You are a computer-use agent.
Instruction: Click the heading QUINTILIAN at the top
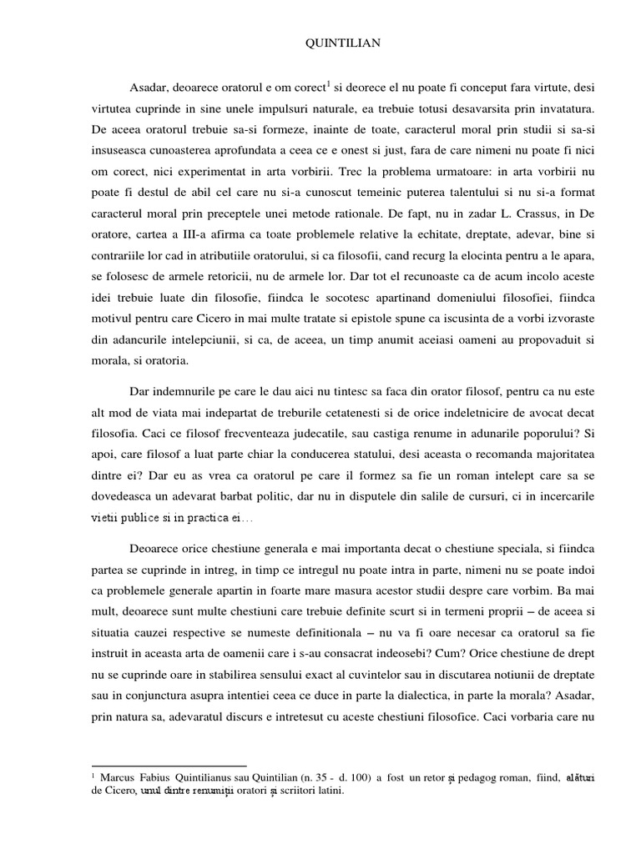click(x=320, y=44)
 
